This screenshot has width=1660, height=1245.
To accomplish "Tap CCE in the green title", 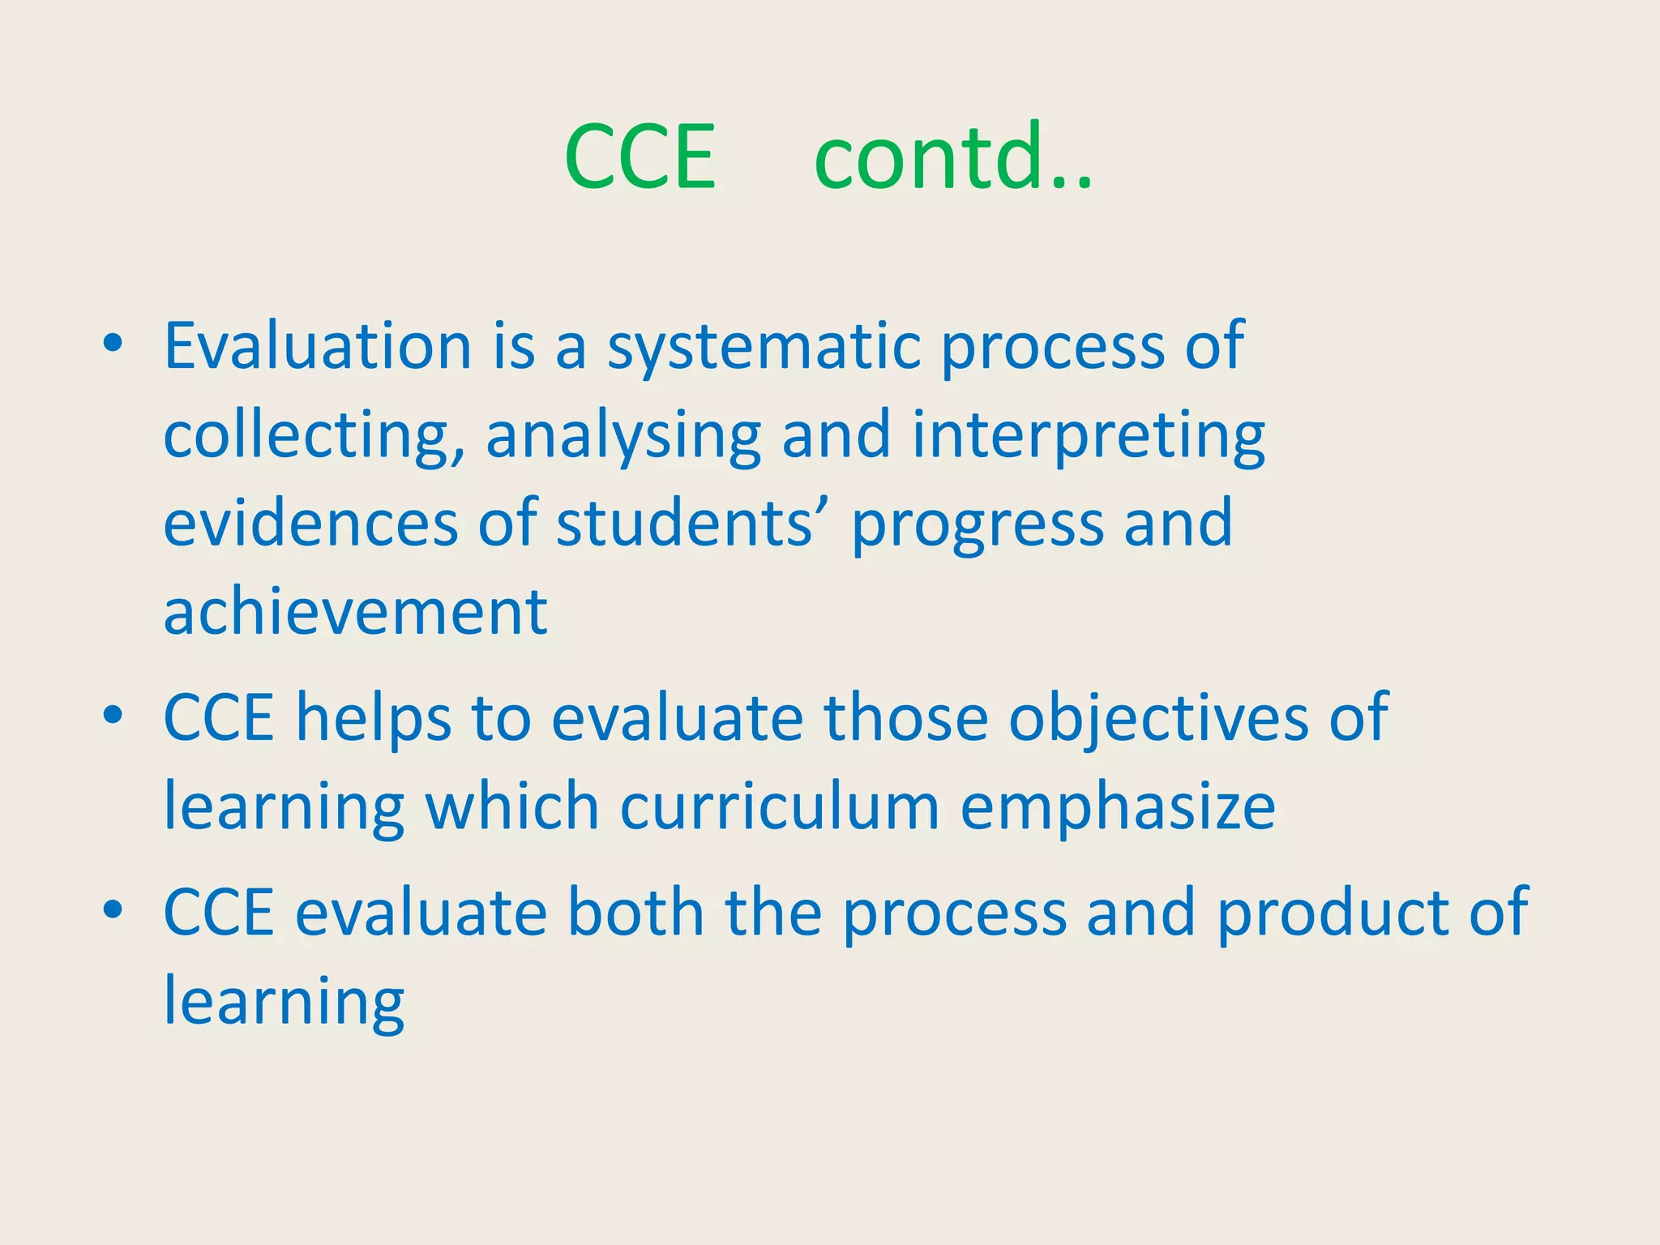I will point(640,157).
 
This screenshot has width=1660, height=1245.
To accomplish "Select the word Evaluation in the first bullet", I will point(318,346).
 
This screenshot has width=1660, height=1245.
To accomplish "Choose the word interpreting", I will point(1088,436).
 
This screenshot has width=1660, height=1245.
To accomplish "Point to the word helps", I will point(372,719).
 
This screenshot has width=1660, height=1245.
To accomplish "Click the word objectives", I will point(1157,721).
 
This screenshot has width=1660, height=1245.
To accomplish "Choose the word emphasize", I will point(1118,810).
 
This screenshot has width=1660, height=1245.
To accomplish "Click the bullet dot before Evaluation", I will point(113,344).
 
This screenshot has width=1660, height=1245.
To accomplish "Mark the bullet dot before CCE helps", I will point(113,715).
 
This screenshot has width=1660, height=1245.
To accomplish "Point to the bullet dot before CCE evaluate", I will point(113,909).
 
